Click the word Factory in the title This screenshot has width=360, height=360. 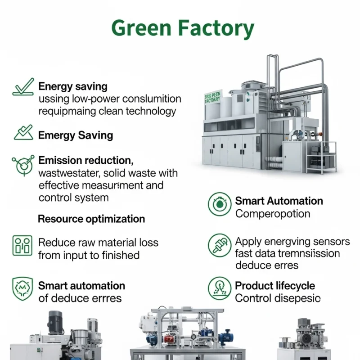click(x=216, y=28)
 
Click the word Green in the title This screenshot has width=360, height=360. click(x=141, y=28)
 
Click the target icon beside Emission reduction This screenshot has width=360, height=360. click(x=23, y=165)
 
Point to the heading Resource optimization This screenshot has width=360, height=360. click(x=91, y=219)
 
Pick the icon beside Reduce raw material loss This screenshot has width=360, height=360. click(x=22, y=246)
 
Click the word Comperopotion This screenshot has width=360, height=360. click(x=273, y=214)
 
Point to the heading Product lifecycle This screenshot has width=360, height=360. click(x=275, y=286)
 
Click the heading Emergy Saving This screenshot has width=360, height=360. click(x=76, y=135)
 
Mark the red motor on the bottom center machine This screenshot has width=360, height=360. click(x=169, y=337)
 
